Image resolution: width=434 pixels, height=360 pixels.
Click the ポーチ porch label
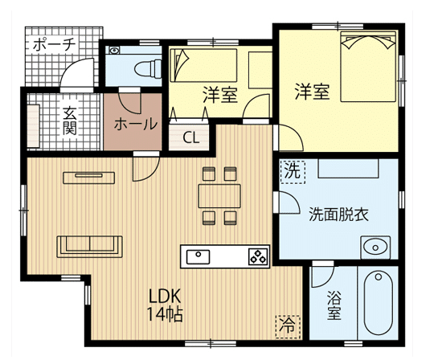click(x=55, y=44)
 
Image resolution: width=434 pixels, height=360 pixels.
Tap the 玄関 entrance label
click(x=69, y=121)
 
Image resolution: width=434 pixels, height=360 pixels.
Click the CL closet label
click(x=191, y=137)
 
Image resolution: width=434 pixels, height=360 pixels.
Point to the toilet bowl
click(x=148, y=68)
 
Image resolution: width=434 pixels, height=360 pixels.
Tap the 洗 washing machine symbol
click(x=293, y=171)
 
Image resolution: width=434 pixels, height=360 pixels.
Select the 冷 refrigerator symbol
click(x=288, y=326)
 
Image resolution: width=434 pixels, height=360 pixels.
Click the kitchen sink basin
click(x=198, y=256)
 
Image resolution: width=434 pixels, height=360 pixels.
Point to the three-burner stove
click(x=259, y=256)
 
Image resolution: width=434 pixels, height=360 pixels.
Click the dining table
click(x=219, y=196)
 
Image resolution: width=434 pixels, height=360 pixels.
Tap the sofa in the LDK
click(x=90, y=247)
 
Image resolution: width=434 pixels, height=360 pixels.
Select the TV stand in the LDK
click(x=89, y=178)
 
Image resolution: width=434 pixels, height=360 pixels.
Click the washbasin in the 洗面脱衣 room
click(x=375, y=247)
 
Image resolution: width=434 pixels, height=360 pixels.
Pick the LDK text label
click(x=165, y=296)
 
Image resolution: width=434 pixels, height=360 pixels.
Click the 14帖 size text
click(x=165, y=314)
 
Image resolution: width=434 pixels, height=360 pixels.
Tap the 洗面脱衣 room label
click(x=339, y=215)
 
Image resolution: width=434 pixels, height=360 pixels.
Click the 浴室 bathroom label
click(x=334, y=305)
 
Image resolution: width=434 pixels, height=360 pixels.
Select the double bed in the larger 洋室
click(x=368, y=67)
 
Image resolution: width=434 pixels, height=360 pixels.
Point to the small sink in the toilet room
click(x=114, y=50)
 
